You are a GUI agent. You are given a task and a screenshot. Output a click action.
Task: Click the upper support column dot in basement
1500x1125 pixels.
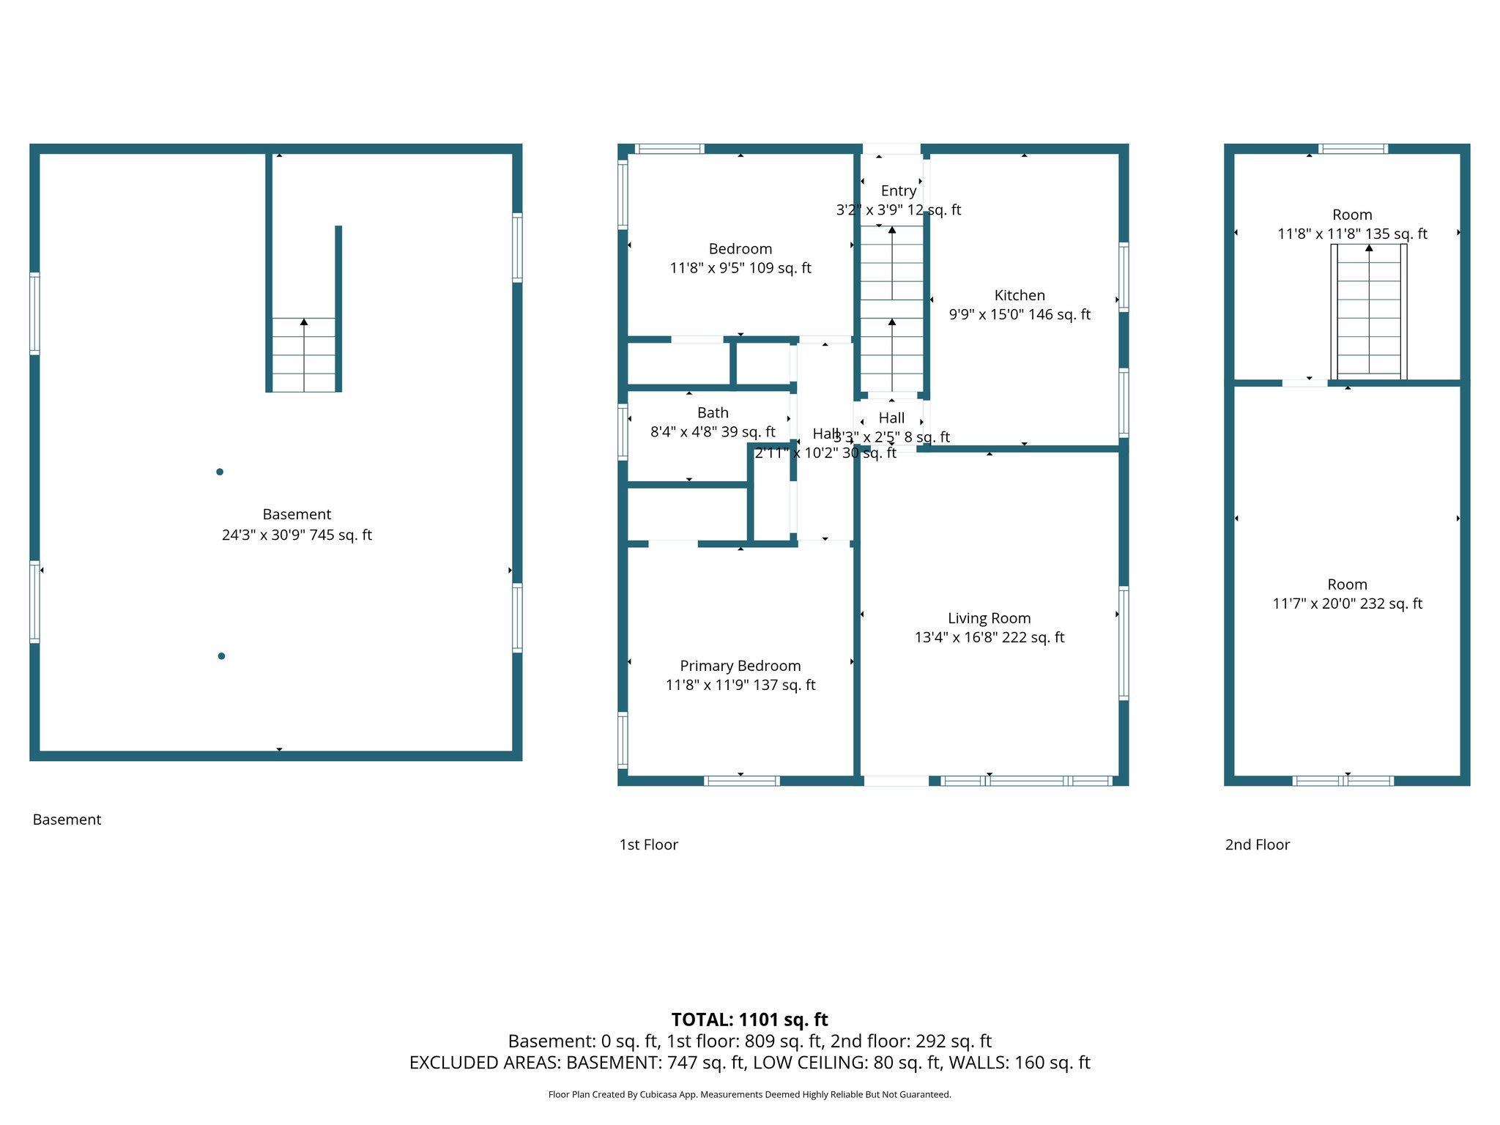(220, 472)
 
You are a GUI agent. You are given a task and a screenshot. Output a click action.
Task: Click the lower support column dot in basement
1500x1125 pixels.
(221, 656)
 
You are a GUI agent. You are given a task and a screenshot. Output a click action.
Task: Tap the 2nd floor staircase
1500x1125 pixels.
(1368, 311)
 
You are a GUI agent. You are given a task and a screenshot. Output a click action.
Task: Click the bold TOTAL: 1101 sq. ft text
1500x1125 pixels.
(749, 1020)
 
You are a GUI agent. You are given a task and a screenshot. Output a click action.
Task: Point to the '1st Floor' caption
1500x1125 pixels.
(648, 844)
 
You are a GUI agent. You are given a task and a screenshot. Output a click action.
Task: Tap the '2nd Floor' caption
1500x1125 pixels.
(1257, 844)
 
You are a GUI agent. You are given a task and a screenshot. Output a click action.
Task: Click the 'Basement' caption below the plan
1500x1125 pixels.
(67, 820)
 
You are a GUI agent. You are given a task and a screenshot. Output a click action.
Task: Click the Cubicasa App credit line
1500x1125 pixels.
(749, 1095)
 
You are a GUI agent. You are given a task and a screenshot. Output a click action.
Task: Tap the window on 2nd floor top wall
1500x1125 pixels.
(1353, 149)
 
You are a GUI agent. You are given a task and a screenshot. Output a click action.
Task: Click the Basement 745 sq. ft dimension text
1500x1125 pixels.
(297, 535)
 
